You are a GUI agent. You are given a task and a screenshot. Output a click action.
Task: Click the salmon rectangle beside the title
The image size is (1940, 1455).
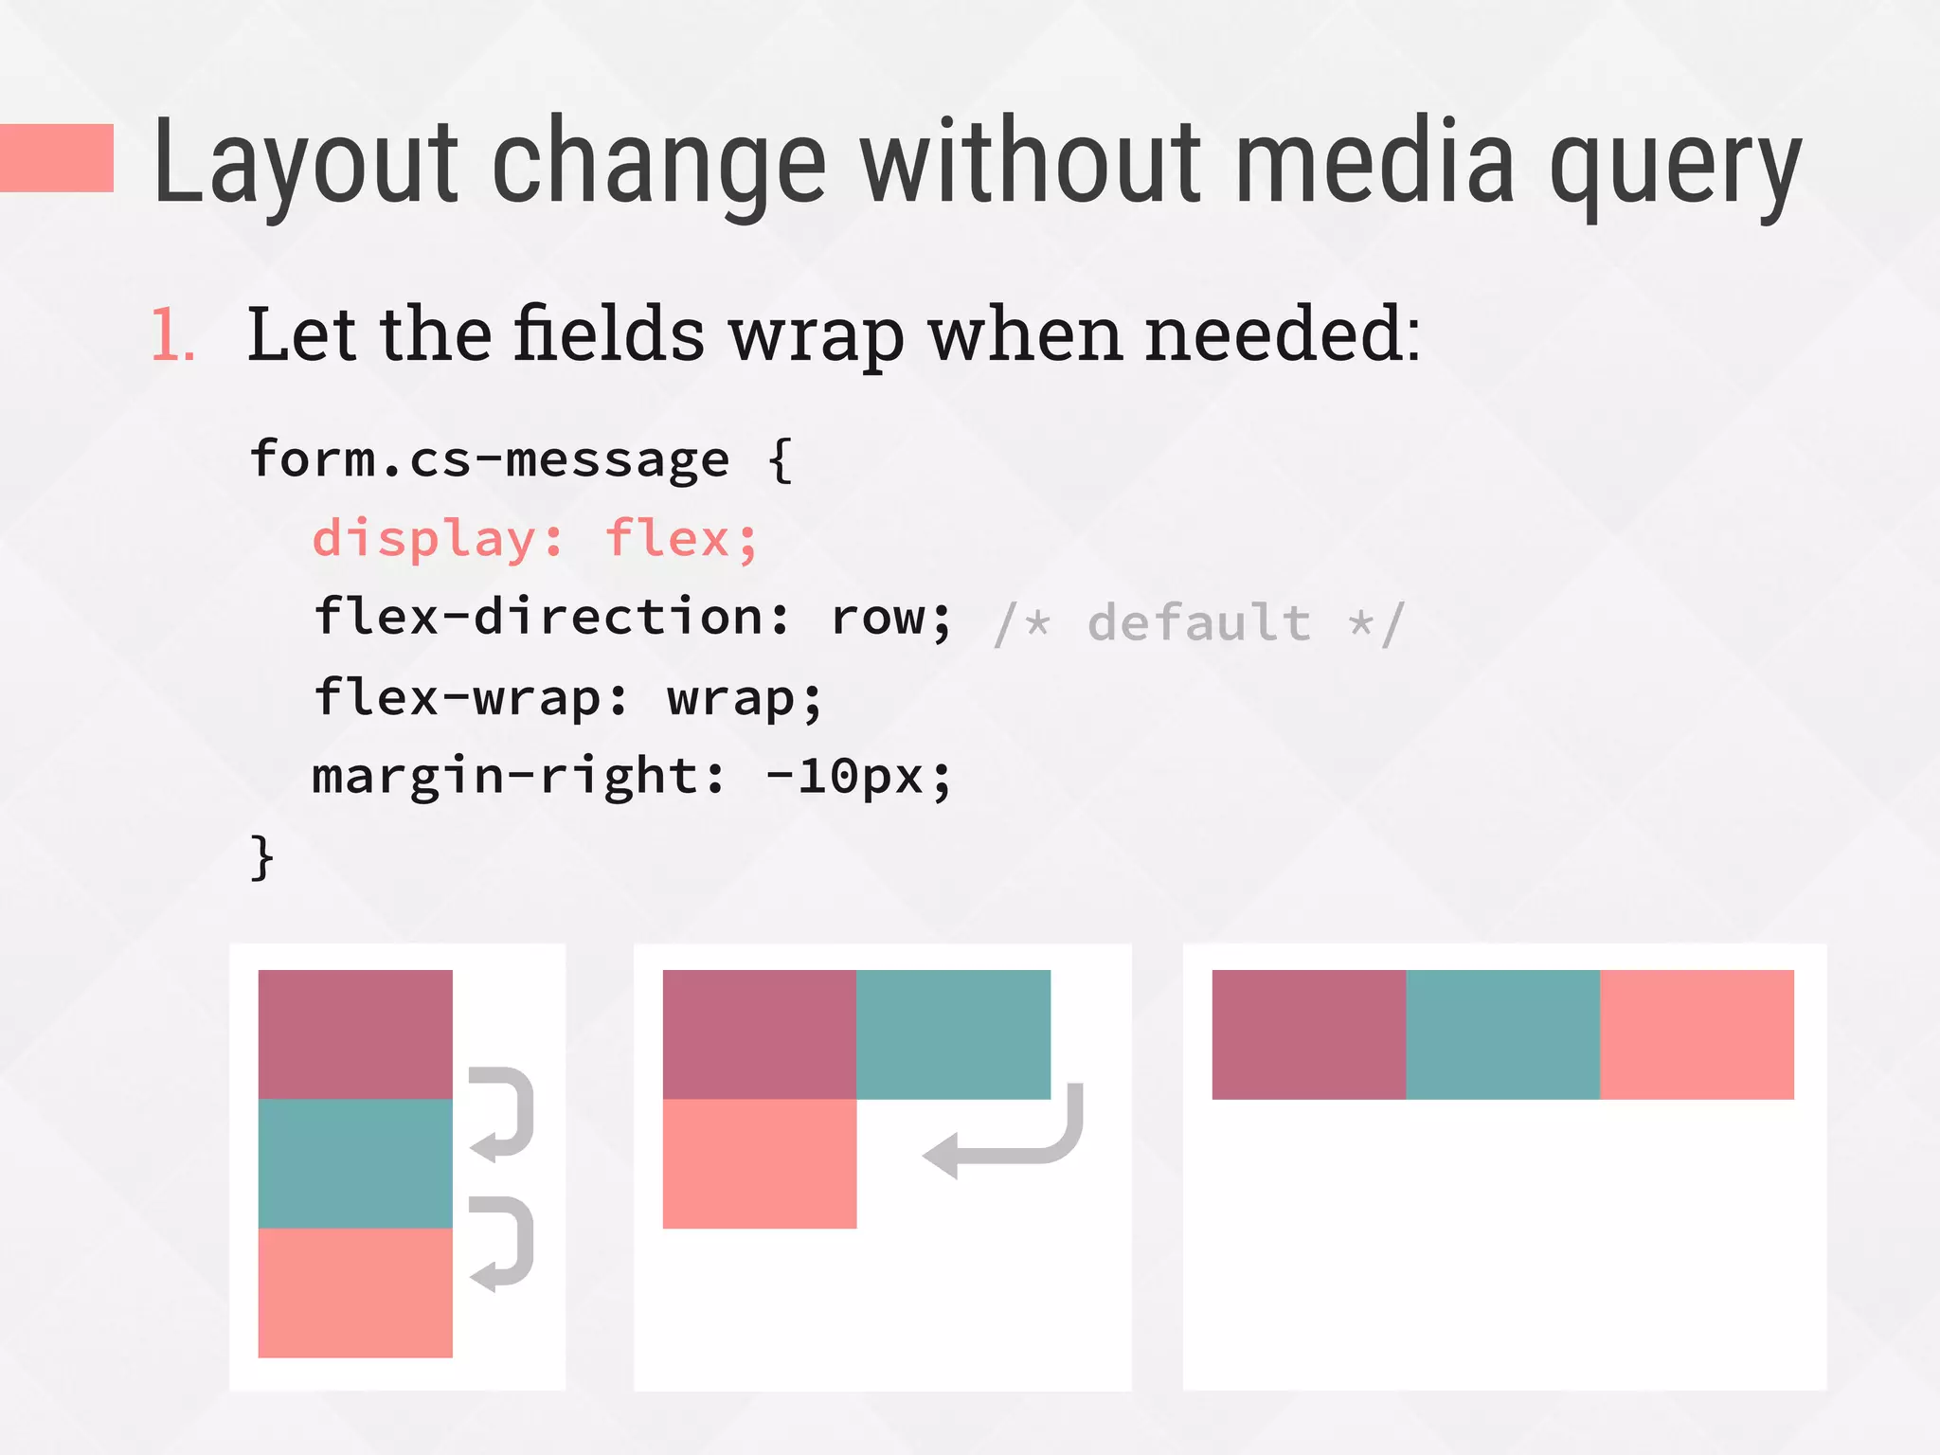[57, 158]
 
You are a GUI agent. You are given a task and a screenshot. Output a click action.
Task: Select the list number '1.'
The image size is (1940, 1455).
[173, 335]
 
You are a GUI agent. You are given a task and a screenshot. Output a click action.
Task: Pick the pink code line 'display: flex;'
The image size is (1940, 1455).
[535, 540]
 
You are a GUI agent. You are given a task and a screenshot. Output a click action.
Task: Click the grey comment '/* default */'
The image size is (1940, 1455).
[1199, 623]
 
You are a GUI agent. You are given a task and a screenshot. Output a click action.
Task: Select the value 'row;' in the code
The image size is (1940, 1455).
[890, 619]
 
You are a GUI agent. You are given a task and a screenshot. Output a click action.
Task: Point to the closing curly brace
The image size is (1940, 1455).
[261, 857]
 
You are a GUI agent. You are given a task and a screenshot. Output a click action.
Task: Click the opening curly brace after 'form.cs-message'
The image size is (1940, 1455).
[780, 460]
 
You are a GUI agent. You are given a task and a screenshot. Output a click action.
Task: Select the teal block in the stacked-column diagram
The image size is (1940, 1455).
[355, 1163]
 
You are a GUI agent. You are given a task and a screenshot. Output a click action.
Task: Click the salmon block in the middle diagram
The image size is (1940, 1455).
[759, 1163]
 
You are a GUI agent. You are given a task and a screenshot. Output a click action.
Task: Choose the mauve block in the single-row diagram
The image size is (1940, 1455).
[1308, 1034]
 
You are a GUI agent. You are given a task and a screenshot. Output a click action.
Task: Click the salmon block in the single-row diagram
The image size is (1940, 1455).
[1697, 1034]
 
